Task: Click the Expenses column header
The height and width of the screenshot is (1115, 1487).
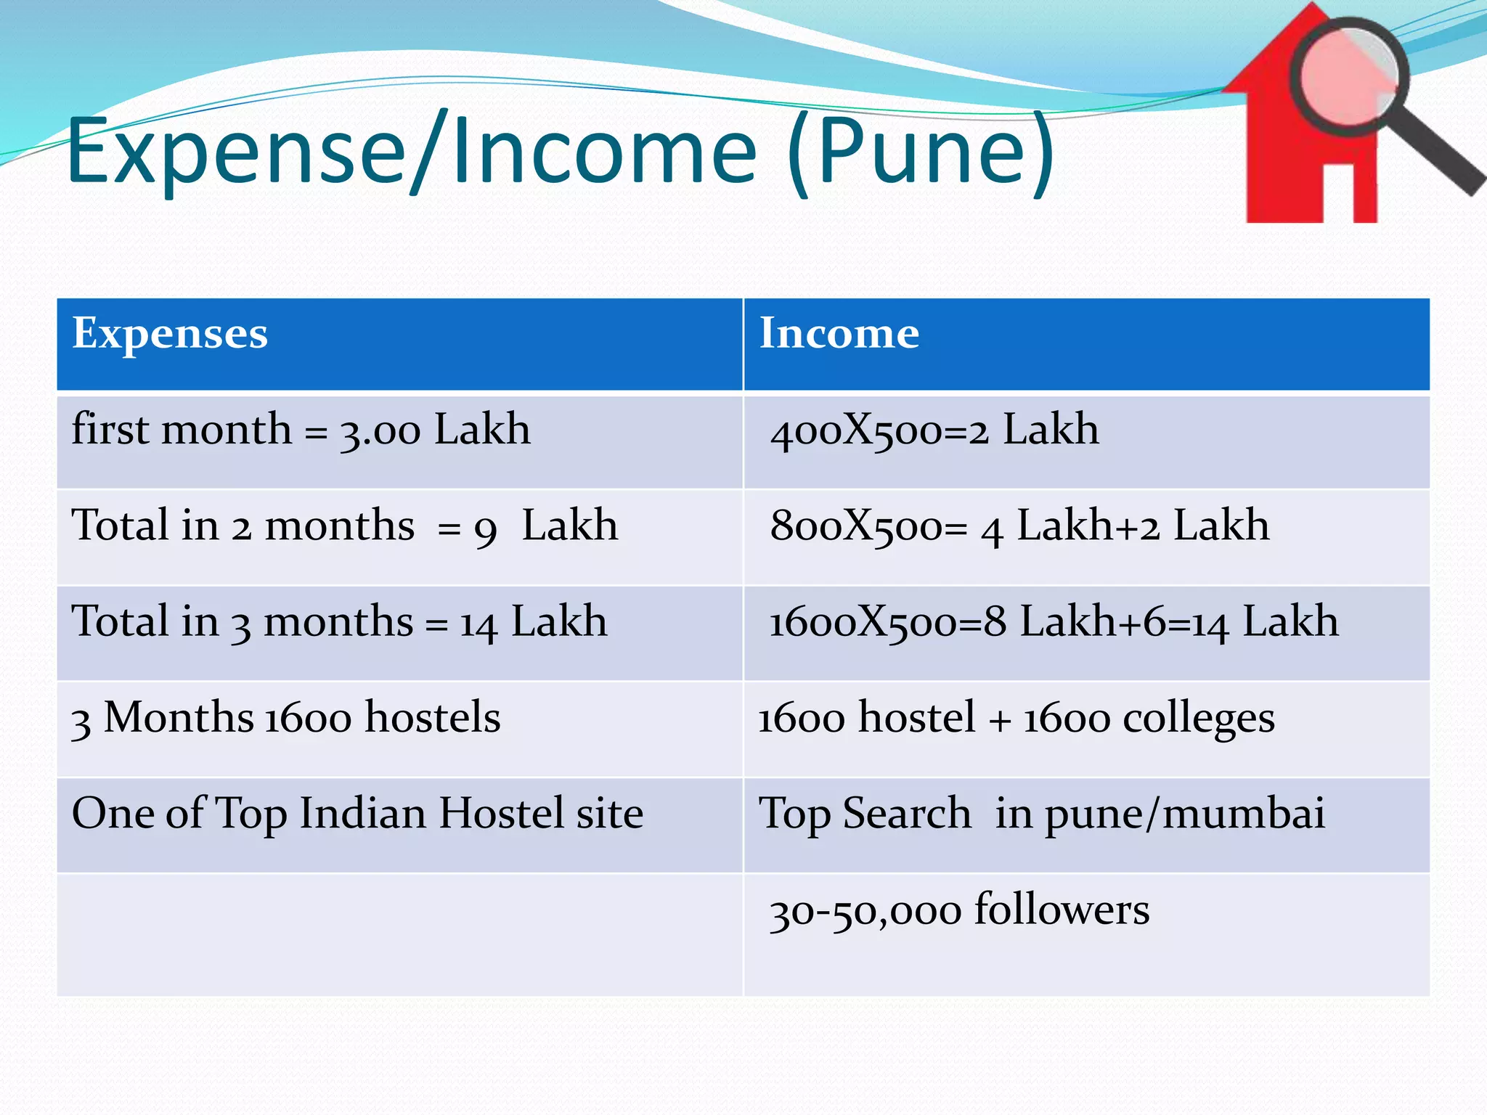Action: tap(170, 334)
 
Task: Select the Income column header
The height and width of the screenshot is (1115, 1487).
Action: tap(839, 334)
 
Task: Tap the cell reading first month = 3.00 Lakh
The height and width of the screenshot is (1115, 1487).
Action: tap(301, 430)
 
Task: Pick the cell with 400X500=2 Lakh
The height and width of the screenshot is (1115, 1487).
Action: tap(934, 430)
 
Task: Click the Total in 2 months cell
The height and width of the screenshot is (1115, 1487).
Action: tap(344, 526)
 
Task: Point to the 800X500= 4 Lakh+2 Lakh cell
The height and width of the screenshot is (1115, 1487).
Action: tap(1019, 526)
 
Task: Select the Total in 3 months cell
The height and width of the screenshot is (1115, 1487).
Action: tap(339, 622)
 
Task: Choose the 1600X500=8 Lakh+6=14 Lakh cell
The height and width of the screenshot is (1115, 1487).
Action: tap(1054, 622)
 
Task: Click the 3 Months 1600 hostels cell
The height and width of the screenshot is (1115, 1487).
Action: tap(286, 718)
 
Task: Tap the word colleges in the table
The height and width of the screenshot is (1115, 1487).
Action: tap(1198, 719)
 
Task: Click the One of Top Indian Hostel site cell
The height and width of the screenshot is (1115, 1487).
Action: tap(357, 813)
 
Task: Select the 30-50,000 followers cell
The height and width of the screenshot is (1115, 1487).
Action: tap(959, 910)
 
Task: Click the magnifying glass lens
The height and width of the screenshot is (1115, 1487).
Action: tap(1348, 76)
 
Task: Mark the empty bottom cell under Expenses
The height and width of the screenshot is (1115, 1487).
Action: tap(399, 935)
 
